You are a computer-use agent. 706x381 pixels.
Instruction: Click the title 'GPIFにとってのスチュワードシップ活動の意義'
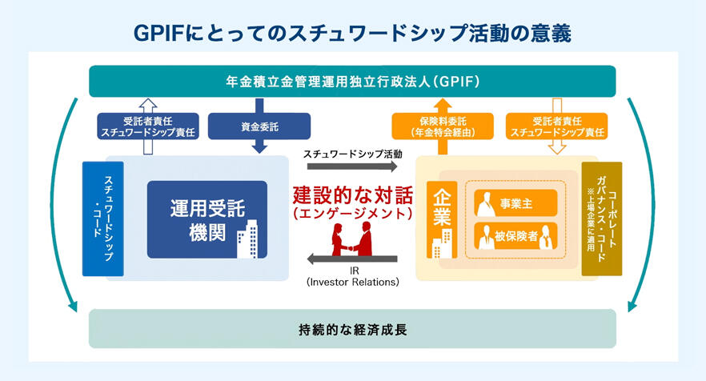[x=352, y=34]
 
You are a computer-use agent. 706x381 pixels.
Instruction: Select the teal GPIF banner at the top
[x=352, y=82]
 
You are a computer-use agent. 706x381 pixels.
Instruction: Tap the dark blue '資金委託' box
[x=259, y=126]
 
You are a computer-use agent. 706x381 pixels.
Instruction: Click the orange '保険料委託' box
[x=443, y=126]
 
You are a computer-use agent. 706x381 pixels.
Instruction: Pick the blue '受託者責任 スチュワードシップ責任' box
[x=148, y=126]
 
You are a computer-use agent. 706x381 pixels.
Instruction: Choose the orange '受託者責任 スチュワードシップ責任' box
[x=557, y=126]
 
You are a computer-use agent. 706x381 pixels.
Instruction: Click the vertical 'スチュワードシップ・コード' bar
[x=103, y=219]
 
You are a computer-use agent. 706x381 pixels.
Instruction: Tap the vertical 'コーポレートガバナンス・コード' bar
[x=602, y=219]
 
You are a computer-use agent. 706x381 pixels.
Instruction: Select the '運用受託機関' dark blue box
[x=207, y=220]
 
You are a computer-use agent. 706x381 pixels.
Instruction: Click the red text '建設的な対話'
[x=352, y=195]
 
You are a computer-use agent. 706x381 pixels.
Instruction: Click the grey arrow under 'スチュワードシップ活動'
[x=352, y=166]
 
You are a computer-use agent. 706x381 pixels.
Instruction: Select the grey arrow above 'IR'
[x=352, y=259]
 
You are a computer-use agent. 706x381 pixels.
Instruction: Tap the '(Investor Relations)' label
[x=352, y=283]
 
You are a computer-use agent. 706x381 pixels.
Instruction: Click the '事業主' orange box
[x=515, y=203]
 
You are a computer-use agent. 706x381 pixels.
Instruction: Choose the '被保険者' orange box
[x=515, y=236]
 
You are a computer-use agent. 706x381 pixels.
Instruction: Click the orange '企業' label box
[x=442, y=220]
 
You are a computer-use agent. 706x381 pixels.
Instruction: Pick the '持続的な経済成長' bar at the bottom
[x=352, y=329]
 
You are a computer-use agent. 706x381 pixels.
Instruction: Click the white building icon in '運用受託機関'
[x=247, y=239]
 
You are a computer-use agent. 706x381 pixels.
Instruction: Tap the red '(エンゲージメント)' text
[x=352, y=214]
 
